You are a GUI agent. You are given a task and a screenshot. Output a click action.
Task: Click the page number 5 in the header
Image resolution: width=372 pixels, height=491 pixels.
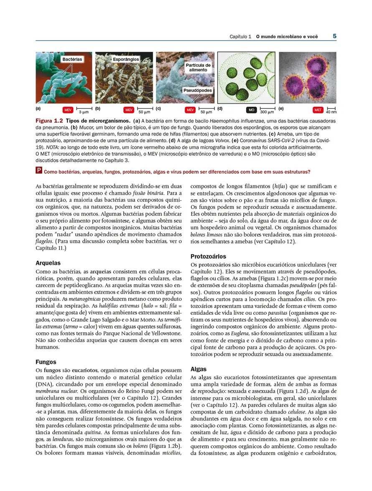pos(334,36)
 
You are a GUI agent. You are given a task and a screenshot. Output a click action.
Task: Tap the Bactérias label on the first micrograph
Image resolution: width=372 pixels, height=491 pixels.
pos(72,59)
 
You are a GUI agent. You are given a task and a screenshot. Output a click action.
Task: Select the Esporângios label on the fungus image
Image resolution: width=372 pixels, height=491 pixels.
pos(126,59)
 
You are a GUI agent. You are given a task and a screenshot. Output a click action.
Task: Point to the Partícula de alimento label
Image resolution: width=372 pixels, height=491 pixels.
pos(198,68)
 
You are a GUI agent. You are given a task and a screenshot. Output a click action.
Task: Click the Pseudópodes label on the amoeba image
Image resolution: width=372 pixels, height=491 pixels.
pos(197,90)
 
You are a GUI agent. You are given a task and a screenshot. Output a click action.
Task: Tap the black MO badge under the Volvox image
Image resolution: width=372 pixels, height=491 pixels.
pos(251,110)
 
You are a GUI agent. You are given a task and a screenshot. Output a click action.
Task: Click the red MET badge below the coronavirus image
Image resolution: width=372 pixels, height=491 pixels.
pos(318,110)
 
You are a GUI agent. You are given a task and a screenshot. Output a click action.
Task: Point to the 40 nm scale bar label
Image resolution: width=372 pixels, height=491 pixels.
pos(331,112)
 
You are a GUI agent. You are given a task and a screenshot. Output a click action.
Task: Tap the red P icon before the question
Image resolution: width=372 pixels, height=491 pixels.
pos(39,171)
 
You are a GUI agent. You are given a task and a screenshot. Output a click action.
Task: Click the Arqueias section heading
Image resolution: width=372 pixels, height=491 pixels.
pos(48,263)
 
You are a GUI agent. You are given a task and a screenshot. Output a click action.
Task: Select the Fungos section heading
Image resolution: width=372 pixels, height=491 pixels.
pos(46,362)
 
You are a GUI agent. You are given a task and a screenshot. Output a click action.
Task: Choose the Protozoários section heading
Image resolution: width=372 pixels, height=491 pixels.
pos(208,256)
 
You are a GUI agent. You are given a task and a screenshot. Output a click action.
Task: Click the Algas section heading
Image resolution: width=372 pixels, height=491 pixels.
pos(199,369)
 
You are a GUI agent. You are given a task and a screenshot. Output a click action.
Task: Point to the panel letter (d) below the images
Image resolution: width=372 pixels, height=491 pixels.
pos(220,109)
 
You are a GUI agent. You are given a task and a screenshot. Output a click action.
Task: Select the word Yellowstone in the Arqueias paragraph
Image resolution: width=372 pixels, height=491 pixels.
pos(166,333)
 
